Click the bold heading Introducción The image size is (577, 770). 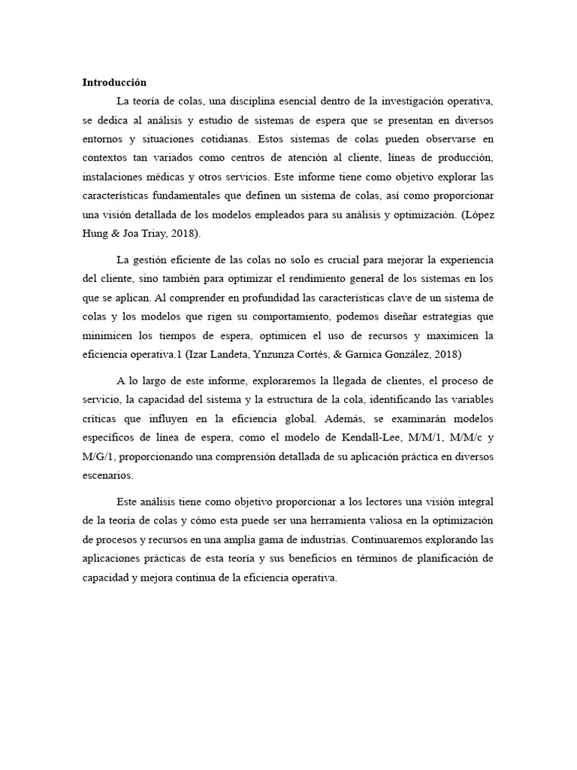(x=114, y=83)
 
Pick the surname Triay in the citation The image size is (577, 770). (x=144, y=233)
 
